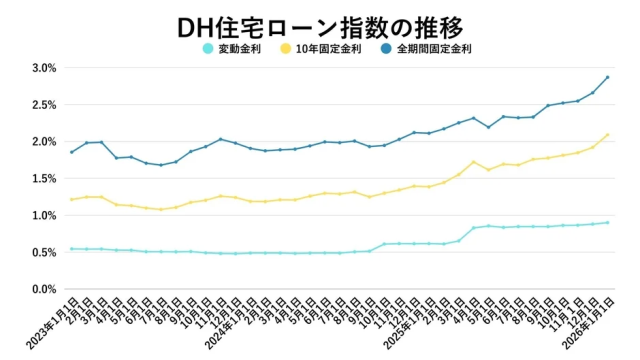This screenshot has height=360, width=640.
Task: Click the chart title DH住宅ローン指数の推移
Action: (x=320, y=24)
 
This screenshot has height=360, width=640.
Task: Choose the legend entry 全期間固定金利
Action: (x=433, y=48)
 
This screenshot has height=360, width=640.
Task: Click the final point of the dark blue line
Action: (x=607, y=77)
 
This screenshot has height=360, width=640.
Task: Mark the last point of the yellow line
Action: (x=607, y=135)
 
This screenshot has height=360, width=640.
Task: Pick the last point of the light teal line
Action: (x=607, y=222)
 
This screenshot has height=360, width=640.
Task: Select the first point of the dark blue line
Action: (x=71, y=152)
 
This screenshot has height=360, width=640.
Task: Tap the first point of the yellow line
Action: (x=71, y=199)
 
